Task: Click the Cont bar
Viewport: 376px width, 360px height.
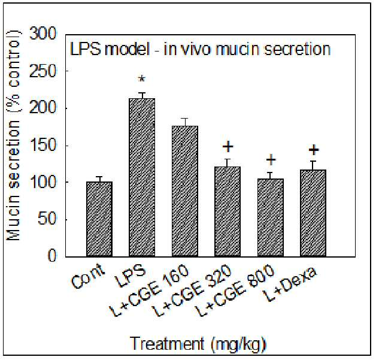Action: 99,219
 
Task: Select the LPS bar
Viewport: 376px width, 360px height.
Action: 142,177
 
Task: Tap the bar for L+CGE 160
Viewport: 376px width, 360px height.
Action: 185,192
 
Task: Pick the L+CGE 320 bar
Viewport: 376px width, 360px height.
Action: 228,212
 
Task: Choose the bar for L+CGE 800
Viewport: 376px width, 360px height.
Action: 271,218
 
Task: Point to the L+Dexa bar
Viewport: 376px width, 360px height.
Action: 313,213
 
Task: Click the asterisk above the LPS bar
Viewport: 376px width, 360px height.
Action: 142,79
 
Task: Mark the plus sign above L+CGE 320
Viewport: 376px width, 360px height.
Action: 228,147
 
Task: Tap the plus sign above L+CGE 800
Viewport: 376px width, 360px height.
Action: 271,160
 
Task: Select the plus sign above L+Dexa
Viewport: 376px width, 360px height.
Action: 314,150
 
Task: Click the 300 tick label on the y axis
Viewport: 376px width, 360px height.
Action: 43,33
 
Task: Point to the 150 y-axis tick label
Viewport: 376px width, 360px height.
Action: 43,145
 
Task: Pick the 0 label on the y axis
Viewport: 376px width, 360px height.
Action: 52,256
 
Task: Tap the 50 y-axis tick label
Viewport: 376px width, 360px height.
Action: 47,219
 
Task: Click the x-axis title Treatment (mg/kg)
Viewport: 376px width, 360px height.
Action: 199,344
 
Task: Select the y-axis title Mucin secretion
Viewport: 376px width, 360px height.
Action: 13,180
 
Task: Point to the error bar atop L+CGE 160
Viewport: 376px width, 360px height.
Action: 185,122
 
